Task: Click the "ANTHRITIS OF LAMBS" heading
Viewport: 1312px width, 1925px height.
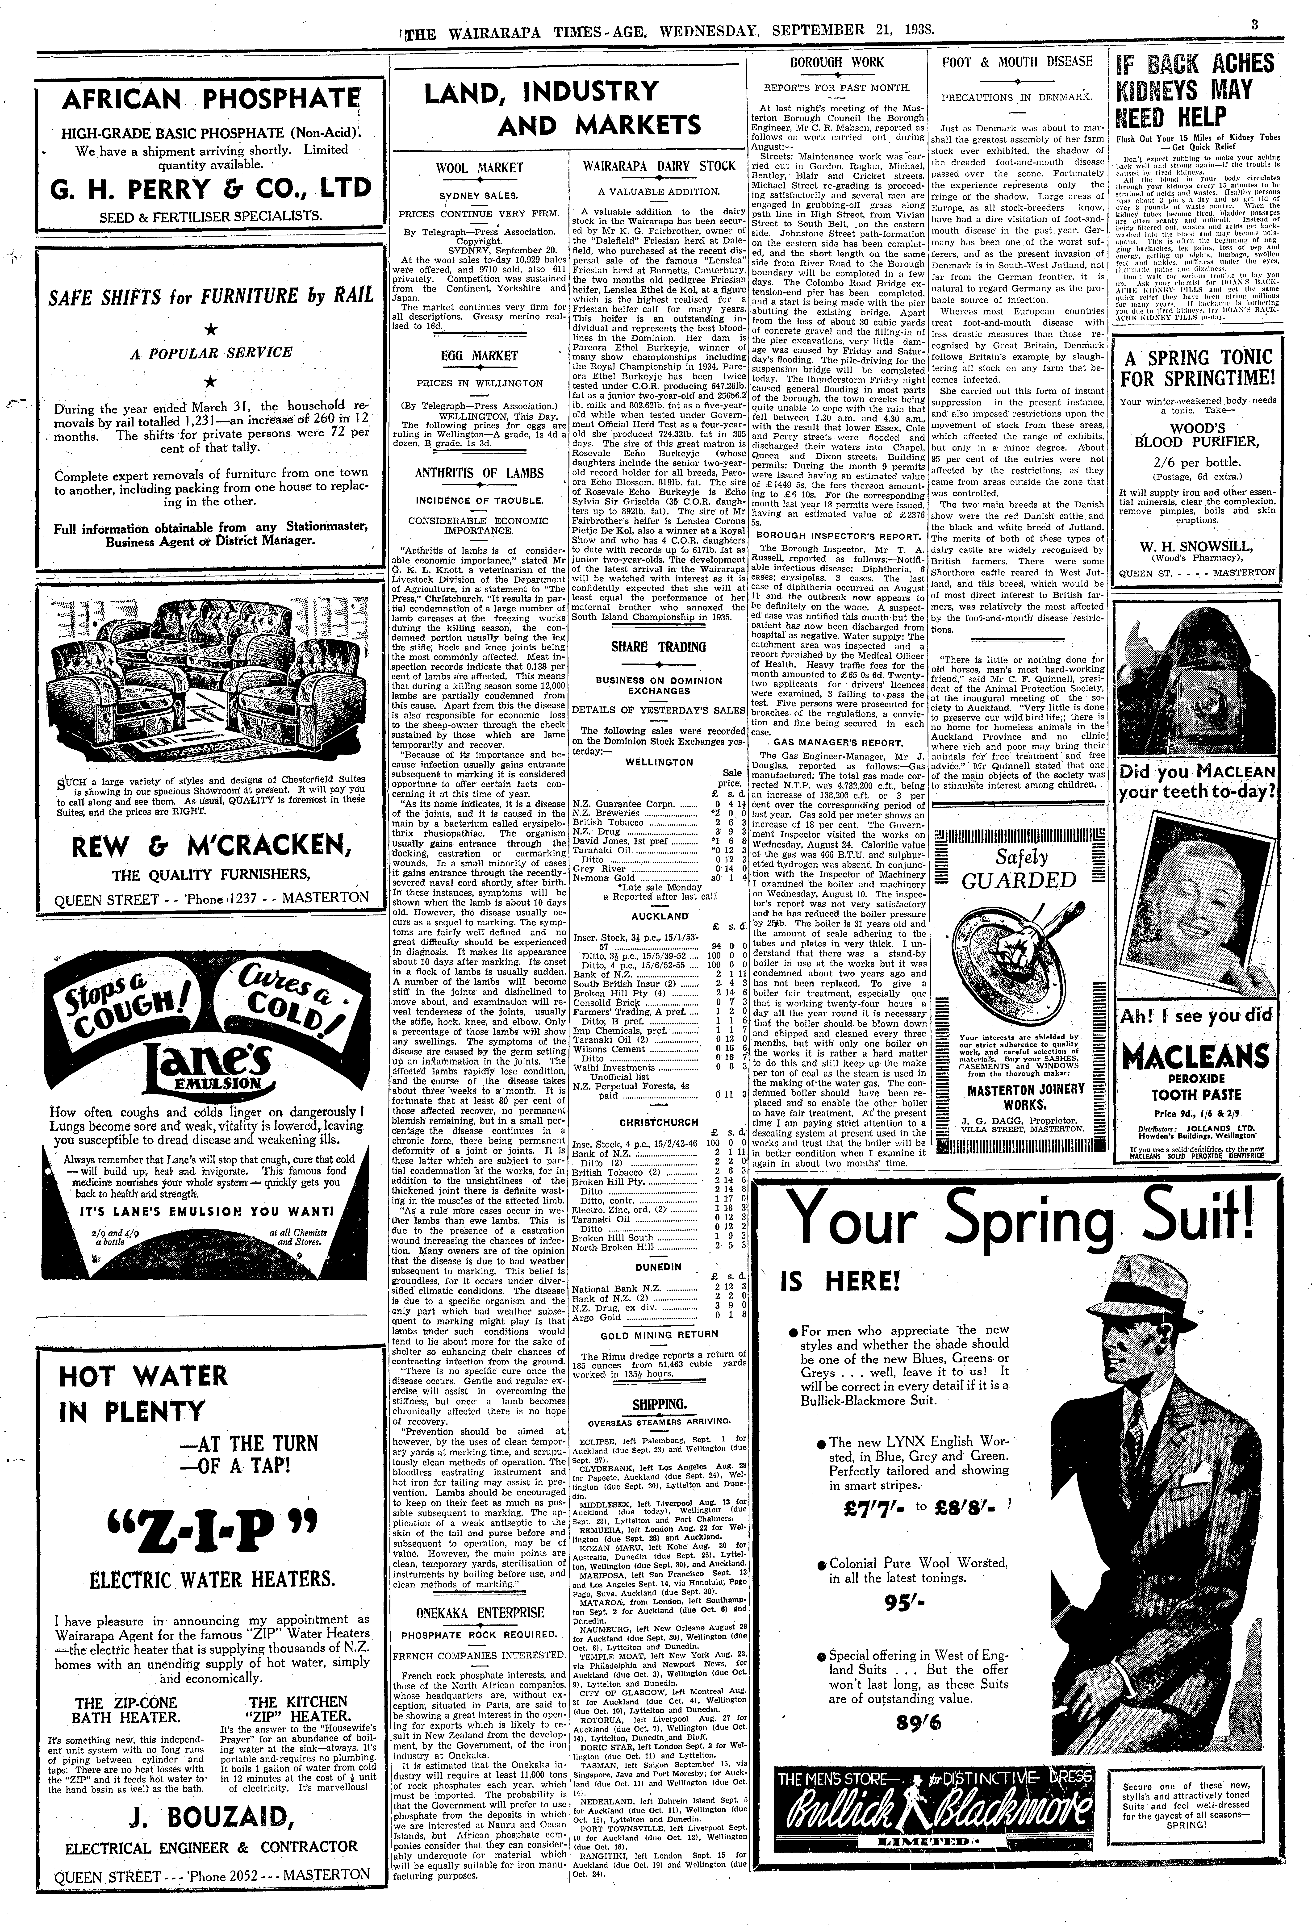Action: coord(480,473)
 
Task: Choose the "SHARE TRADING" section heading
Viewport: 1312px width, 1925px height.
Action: coord(659,647)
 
